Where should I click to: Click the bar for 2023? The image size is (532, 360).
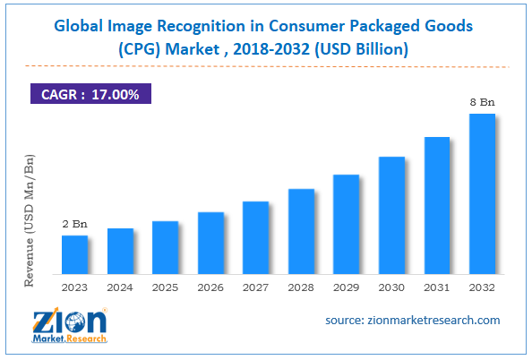(74, 254)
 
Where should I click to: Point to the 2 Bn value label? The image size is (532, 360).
(74, 223)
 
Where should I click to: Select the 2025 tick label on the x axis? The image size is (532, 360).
(166, 288)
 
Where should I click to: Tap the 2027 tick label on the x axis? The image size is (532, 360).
(256, 288)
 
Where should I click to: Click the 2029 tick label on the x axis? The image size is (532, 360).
(347, 288)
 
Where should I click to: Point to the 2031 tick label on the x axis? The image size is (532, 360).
(437, 288)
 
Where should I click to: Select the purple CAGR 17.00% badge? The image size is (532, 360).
(90, 92)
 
